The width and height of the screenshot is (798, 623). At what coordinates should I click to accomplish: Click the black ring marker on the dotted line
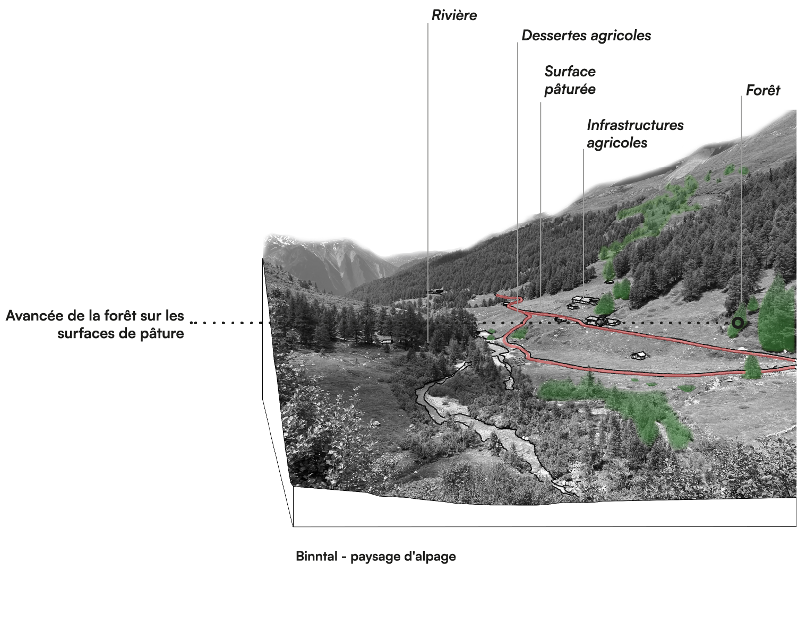point(737,322)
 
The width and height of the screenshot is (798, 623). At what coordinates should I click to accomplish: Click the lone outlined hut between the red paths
point(639,355)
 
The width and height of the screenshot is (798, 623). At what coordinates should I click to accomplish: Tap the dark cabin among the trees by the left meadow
point(387,340)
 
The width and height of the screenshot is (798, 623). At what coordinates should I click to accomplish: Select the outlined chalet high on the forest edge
point(436,291)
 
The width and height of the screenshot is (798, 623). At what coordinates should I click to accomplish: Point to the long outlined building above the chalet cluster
point(583,300)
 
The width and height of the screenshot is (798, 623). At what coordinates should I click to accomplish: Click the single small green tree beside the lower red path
point(752,367)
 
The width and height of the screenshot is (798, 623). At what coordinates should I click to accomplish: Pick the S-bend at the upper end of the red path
point(513,304)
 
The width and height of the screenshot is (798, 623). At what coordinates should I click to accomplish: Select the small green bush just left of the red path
point(521,333)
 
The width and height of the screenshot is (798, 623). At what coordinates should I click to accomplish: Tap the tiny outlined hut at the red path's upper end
point(506,304)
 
